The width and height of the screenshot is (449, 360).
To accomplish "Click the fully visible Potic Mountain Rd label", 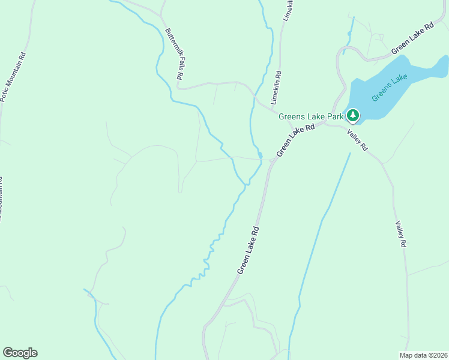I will (13, 76).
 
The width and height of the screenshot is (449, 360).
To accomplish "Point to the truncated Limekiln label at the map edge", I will (289, 10).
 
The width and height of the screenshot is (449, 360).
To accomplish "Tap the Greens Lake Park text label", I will (311, 116).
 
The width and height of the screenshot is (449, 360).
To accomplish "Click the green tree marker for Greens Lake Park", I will (353, 115).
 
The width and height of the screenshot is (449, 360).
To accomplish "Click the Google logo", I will (20, 353).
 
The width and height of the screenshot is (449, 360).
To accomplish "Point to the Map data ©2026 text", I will (423, 355).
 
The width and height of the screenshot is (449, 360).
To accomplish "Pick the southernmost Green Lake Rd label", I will (247, 250).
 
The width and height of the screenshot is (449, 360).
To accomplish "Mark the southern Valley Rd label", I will (401, 234).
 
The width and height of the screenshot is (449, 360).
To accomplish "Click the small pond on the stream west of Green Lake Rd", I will (260, 155).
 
